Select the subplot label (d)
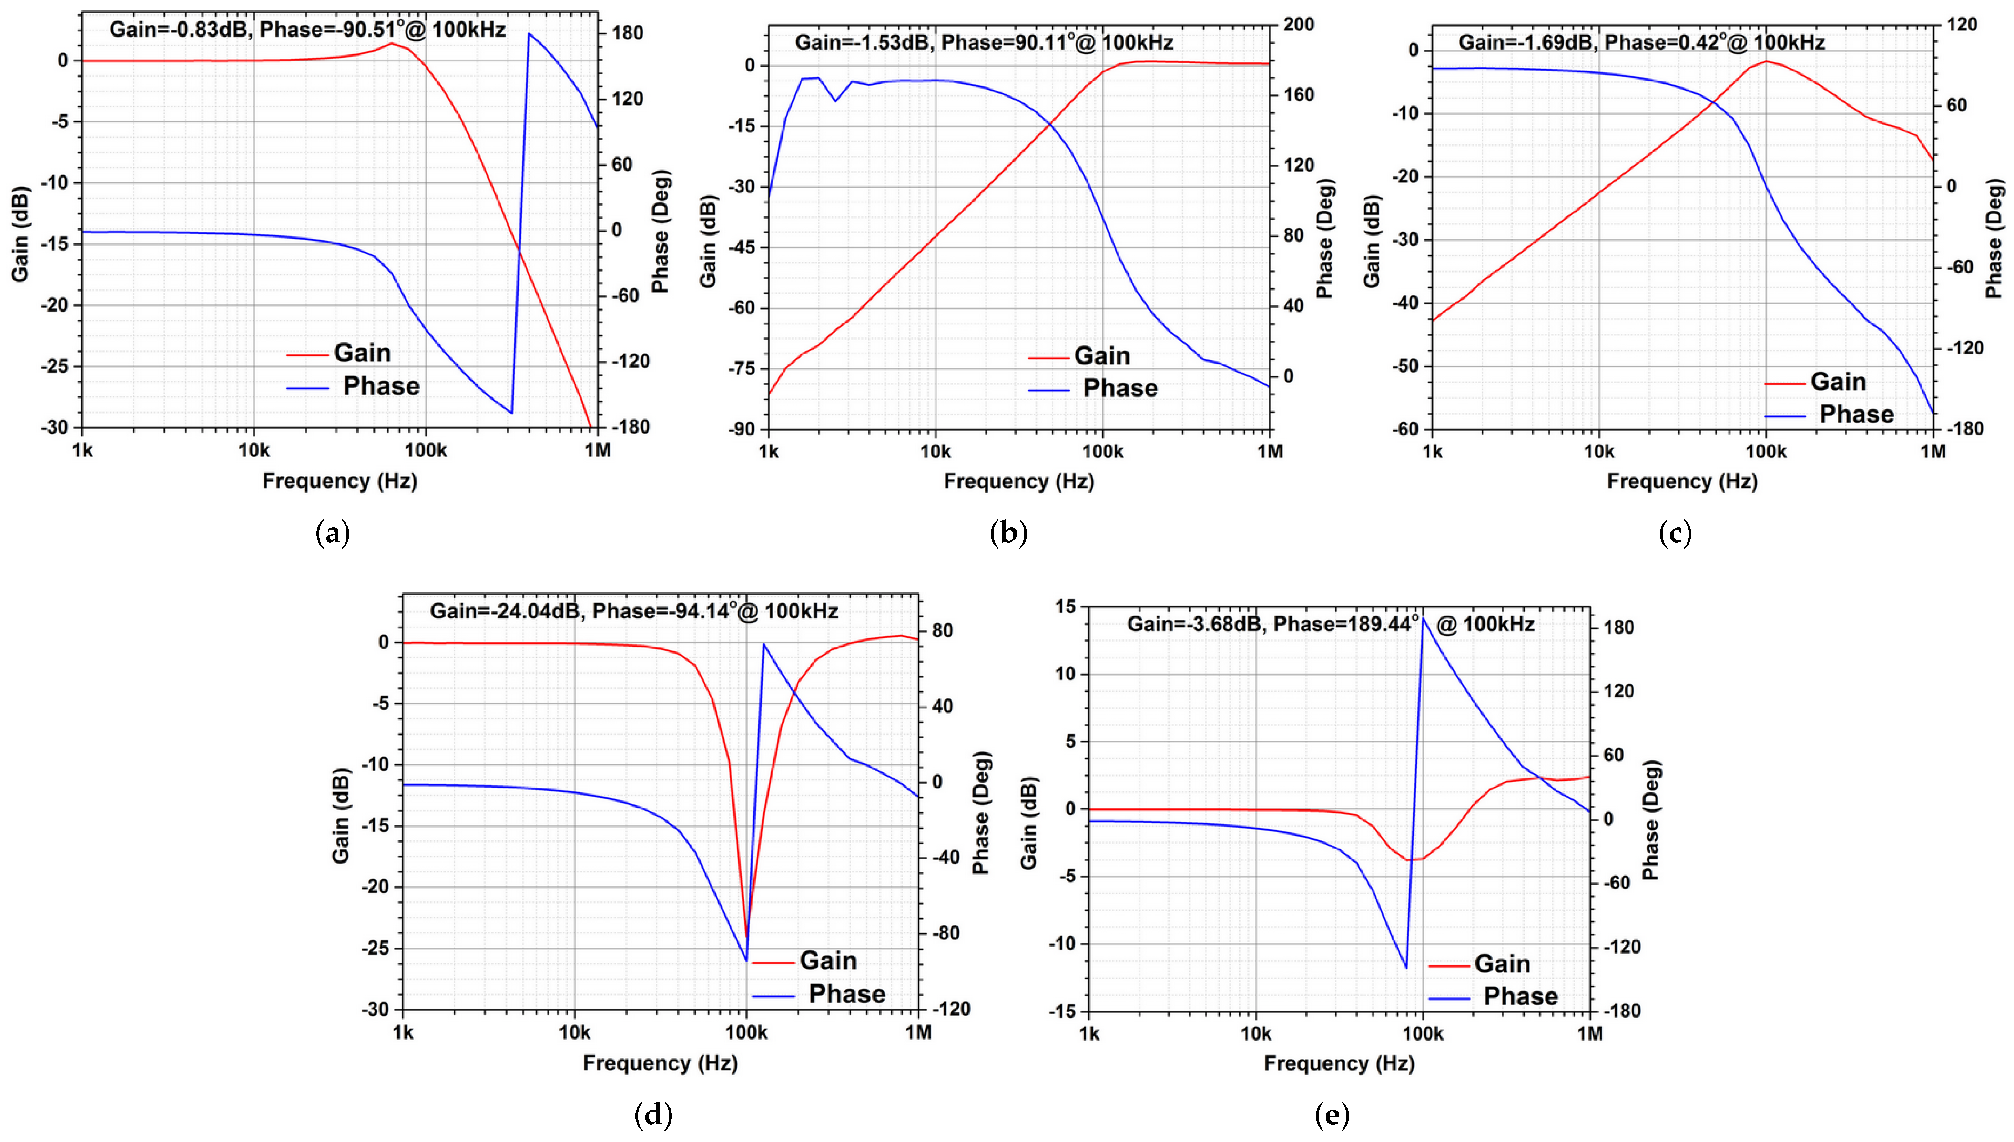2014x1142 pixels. click(x=653, y=1114)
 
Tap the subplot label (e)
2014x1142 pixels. click(x=1332, y=1114)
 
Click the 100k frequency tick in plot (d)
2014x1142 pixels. click(x=746, y=1032)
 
